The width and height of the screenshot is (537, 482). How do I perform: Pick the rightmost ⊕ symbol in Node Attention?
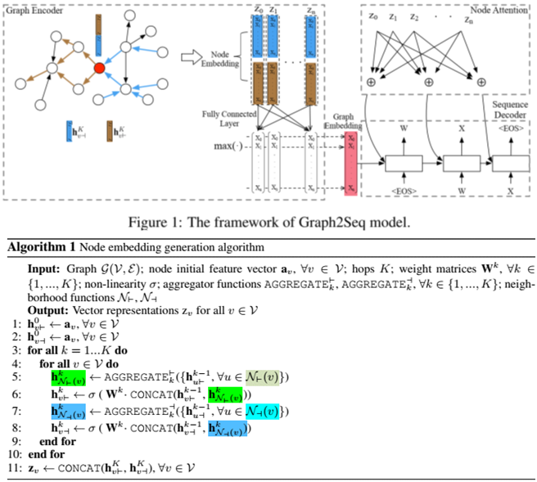click(481, 83)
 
